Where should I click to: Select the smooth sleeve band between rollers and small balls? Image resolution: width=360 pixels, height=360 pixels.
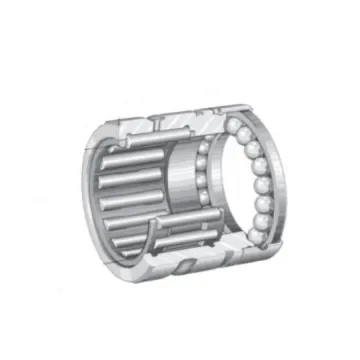click(x=180, y=185)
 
